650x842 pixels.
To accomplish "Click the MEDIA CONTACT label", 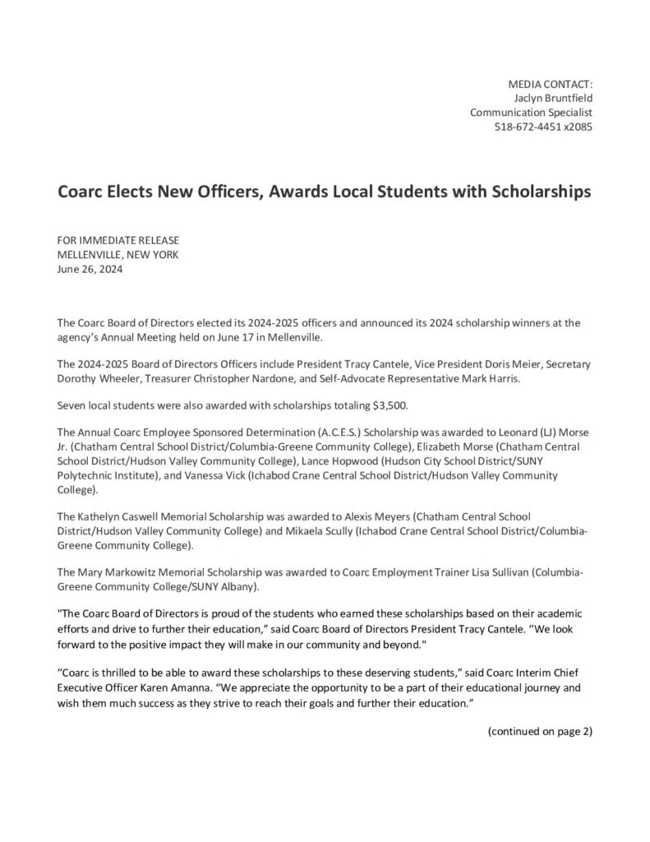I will coord(550,83).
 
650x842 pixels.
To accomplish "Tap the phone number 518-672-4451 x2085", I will coord(542,127).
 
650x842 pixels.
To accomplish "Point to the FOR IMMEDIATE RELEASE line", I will coord(118,239).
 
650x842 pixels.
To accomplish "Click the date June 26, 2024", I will coord(90,268).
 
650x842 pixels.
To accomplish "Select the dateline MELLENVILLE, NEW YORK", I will coord(118,254).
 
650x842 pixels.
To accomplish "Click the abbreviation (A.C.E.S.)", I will coord(312,433).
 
